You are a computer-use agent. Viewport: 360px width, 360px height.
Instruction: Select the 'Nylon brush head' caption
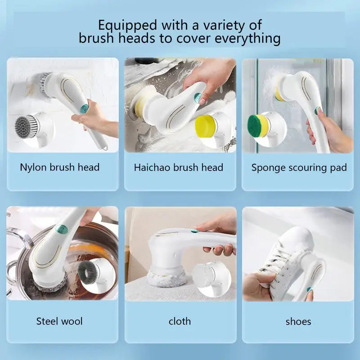[x=60, y=167]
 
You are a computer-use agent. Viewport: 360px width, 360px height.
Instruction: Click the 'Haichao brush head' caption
[x=179, y=168]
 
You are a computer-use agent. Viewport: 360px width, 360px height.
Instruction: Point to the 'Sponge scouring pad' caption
[x=299, y=168]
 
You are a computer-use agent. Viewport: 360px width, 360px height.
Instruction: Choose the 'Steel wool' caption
[x=59, y=321]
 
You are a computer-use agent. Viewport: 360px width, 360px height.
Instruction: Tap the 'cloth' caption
[x=180, y=321]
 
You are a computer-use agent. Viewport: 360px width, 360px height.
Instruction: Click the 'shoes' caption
[x=298, y=321]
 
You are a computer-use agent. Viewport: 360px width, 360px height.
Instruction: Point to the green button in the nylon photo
[x=84, y=108]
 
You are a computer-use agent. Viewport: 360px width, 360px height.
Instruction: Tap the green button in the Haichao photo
[x=197, y=96]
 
